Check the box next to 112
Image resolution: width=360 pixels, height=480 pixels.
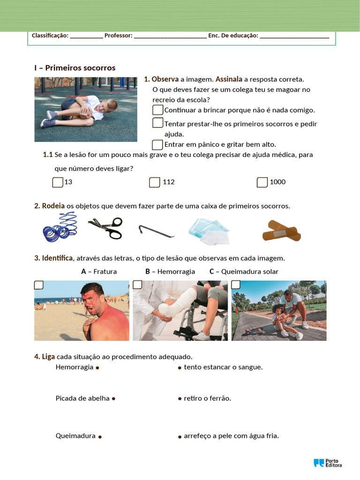(x=154, y=182)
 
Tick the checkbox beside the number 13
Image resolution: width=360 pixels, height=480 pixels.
(x=58, y=182)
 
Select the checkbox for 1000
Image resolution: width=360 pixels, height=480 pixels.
(x=262, y=182)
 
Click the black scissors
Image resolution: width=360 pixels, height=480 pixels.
(x=105, y=228)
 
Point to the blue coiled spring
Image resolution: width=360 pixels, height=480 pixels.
(x=60, y=227)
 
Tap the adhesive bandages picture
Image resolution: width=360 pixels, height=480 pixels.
(x=281, y=231)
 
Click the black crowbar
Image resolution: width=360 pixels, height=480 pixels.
(x=156, y=231)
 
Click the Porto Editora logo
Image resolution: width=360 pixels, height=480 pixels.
(x=328, y=463)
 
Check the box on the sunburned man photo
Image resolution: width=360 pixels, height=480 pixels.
(x=39, y=285)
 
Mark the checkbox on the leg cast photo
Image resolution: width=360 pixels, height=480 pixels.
(x=137, y=285)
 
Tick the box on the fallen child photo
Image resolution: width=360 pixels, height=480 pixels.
(x=236, y=285)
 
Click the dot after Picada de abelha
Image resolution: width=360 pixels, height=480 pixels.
(x=113, y=399)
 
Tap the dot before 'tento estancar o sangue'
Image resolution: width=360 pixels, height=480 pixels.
(x=180, y=368)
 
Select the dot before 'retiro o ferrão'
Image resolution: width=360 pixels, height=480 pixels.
(x=180, y=399)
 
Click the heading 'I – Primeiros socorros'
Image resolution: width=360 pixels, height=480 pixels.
(x=75, y=68)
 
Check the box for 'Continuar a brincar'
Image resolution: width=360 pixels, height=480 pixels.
(x=158, y=110)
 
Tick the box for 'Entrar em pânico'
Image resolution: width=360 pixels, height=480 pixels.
(x=158, y=144)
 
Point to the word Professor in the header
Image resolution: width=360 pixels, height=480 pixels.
(x=118, y=36)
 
